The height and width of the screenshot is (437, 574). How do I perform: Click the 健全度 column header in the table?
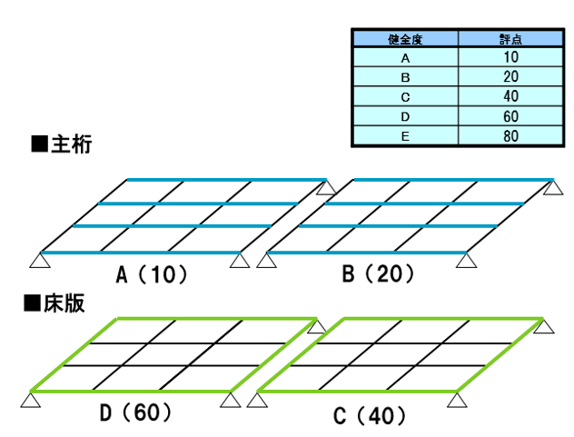pyautogui.click(x=405, y=40)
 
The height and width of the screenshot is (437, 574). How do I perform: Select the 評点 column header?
pyautogui.click(x=509, y=40)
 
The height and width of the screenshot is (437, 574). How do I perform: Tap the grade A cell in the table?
pyautogui.click(x=405, y=57)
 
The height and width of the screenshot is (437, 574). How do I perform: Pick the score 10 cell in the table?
pyautogui.click(x=509, y=57)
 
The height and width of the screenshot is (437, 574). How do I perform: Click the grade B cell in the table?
pyautogui.click(x=405, y=77)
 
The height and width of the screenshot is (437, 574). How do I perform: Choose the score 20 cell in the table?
pyautogui.click(x=509, y=77)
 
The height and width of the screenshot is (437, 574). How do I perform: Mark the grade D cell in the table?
pyautogui.click(x=405, y=117)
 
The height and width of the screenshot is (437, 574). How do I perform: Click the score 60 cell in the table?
pyautogui.click(x=509, y=117)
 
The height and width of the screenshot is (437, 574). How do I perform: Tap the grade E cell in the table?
pyautogui.click(x=405, y=137)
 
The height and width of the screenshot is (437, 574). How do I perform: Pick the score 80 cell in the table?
pyautogui.click(x=509, y=137)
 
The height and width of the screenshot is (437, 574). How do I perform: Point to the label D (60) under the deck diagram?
pyautogui.click(x=136, y=415)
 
